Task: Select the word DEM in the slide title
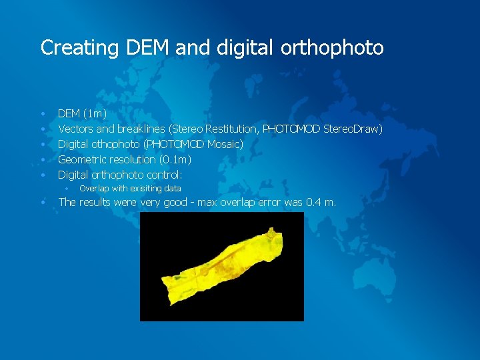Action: pos(141,48)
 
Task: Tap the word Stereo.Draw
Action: pos(353,129)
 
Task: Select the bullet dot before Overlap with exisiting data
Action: pos(67,189)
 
